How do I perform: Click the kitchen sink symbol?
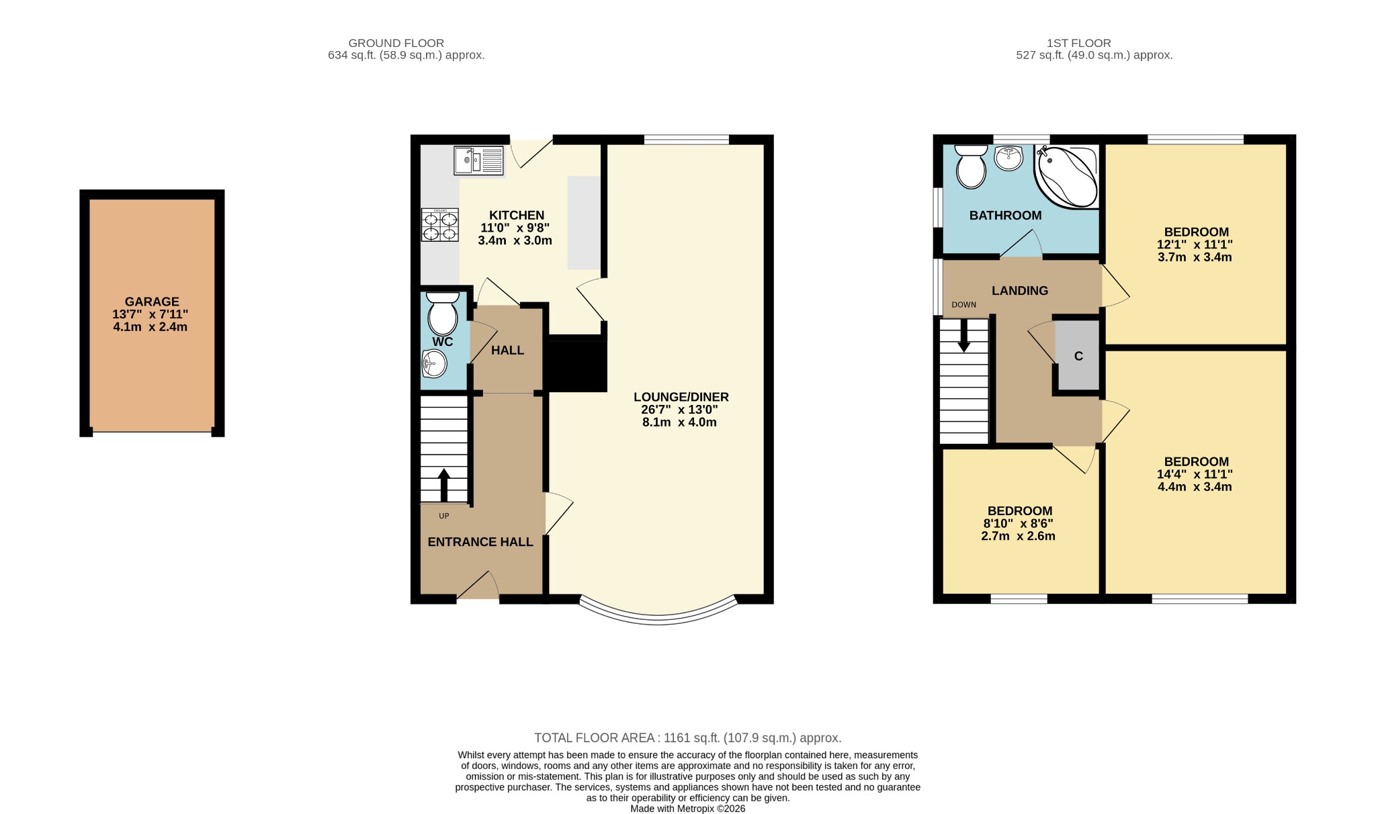(478, 161)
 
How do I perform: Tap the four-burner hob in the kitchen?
(440, 225)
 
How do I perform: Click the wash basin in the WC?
(434, 365)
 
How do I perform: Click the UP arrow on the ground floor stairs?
(443, 484)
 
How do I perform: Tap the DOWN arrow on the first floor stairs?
(963, 335)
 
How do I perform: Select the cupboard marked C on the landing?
(1078, 356)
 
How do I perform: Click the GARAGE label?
(152, 302)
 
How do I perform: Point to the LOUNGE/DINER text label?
(681, 397)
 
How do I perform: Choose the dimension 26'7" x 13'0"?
(679, 410)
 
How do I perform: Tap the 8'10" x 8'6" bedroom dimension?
(1018, 524)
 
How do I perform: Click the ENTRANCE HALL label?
(480, 542)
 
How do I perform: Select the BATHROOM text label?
(1005, 216)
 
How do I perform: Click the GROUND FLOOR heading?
(396, 43)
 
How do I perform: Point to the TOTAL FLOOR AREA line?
(687, 738)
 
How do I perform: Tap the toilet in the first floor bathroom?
(970, 169)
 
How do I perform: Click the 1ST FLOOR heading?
(1078, 43)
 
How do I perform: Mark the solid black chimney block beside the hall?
(575, 366)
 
